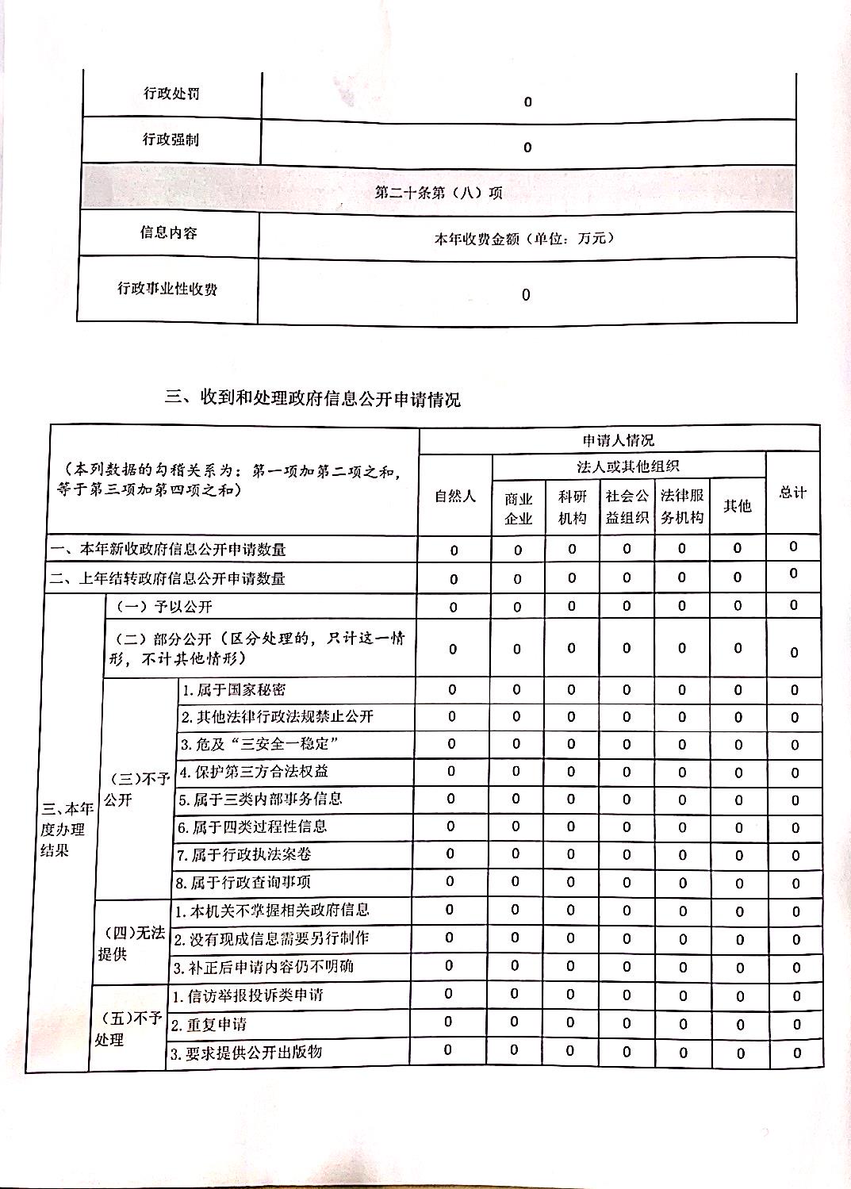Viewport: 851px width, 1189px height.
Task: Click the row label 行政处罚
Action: coord(171,94)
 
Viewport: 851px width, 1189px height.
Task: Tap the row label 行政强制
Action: coord(171,140)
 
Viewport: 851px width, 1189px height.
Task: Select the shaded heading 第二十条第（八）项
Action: coord(439,192)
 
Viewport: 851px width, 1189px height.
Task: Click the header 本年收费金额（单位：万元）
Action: coord(524,237)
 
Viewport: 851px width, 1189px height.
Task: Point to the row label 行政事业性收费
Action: coord(167,289)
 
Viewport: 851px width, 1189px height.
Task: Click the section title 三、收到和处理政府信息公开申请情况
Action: coord(312,398)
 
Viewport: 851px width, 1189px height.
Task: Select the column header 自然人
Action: coord(455,497)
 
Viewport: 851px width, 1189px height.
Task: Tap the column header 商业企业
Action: coord(519,508)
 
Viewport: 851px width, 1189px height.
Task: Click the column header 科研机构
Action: coord(572,507)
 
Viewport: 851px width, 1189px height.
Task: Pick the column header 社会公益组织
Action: coord(627,507)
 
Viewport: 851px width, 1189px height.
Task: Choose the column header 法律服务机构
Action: coord(682,507)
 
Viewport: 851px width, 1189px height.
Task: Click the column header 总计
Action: coord(792,493)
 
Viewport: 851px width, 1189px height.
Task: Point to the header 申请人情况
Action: coord(619,440)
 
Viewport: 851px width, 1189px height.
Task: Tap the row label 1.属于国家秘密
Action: coord(234,689)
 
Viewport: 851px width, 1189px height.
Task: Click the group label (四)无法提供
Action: coord(131,943)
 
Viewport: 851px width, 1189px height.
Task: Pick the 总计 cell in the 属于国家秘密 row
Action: coord(794,691)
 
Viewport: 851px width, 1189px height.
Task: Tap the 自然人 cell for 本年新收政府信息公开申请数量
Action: coord(454,550)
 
